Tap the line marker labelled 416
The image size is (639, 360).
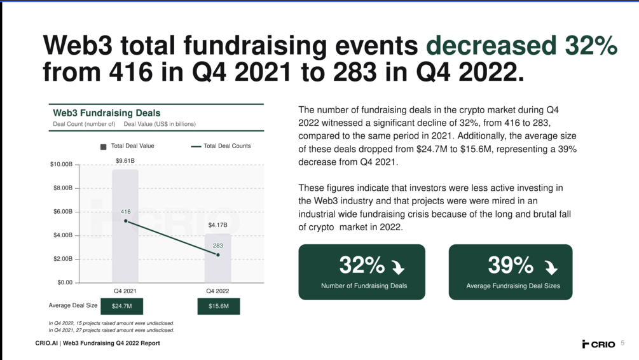tap(125, 221)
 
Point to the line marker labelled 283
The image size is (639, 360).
tap(218, 255)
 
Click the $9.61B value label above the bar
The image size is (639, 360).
tap(125, 161)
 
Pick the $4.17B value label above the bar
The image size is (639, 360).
tap(217, 225)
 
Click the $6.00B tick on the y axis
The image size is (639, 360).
tap(61, 212)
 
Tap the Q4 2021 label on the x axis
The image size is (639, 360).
tap(125, 291)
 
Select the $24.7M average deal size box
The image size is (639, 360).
tap(121, 306)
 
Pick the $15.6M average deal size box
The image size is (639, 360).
tap(218, 306)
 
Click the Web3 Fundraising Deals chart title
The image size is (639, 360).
tap(106, 113)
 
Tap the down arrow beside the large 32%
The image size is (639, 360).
tap(398, 266)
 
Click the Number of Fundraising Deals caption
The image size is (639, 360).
tap(364, 286)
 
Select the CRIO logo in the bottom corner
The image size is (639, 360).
tap(598, 344)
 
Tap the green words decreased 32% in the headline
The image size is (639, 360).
tap(521, 46)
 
